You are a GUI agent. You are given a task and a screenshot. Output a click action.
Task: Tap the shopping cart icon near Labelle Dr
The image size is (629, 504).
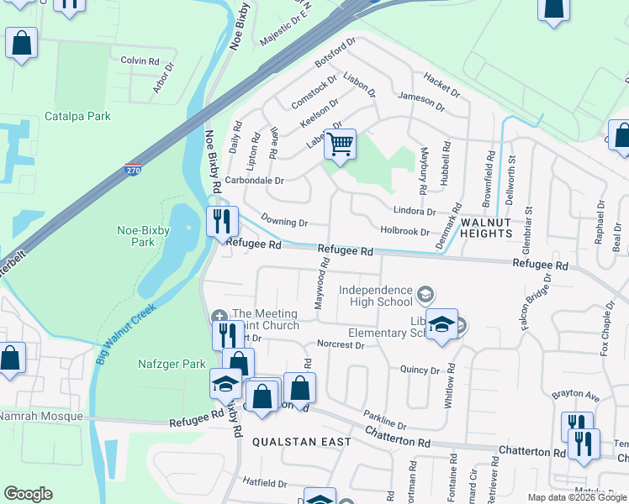point(340,144)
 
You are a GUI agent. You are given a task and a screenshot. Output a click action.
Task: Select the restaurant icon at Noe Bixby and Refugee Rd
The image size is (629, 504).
point(222,223)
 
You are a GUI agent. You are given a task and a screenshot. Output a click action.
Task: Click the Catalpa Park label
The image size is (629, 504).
point(77,117)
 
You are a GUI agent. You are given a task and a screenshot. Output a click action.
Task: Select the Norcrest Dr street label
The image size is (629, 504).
point(341,344)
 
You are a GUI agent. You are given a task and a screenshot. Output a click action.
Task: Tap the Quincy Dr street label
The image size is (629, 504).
point(420,370)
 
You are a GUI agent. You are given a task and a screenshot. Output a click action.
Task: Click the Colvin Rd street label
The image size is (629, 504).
point(140,60)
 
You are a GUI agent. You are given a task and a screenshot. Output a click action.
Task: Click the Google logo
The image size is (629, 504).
point(28,494)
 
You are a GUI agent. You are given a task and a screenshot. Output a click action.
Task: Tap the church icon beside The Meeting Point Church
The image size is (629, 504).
point(219,317)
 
